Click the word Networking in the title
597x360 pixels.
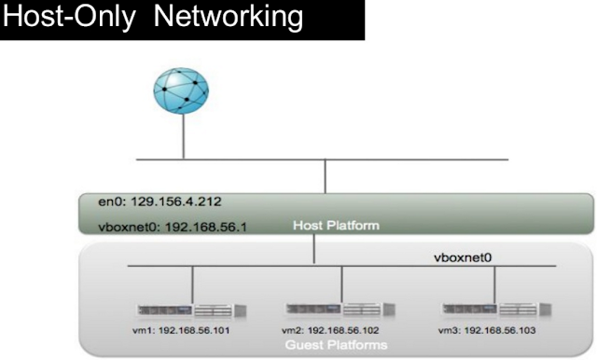pos(228,18)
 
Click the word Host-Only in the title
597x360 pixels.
pos(69,18)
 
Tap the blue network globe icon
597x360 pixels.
pos(181,90)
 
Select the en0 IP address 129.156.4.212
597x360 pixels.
pos(176,201)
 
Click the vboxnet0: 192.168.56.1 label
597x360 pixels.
pos(173,228)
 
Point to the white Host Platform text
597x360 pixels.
pos(336,226)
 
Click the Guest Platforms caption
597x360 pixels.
pos(336,345)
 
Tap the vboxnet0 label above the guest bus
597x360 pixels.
pos(463,257)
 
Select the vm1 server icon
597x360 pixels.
pos(192,311)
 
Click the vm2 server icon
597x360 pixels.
pos(340,309)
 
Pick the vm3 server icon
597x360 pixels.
pos(496,309)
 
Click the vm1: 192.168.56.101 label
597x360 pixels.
pos(181,330)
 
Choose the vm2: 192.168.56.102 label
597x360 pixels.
pos(330,330)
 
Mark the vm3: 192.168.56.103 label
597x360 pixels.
pos(487,330)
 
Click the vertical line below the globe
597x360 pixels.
pos(184,136)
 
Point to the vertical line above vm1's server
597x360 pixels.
pos(193,284)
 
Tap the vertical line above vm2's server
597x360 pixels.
pos(342,284)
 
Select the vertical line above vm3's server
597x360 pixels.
pos(495,284)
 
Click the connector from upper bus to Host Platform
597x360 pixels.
pos(326,176)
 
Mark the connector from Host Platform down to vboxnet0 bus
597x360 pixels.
pos(314,249)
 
